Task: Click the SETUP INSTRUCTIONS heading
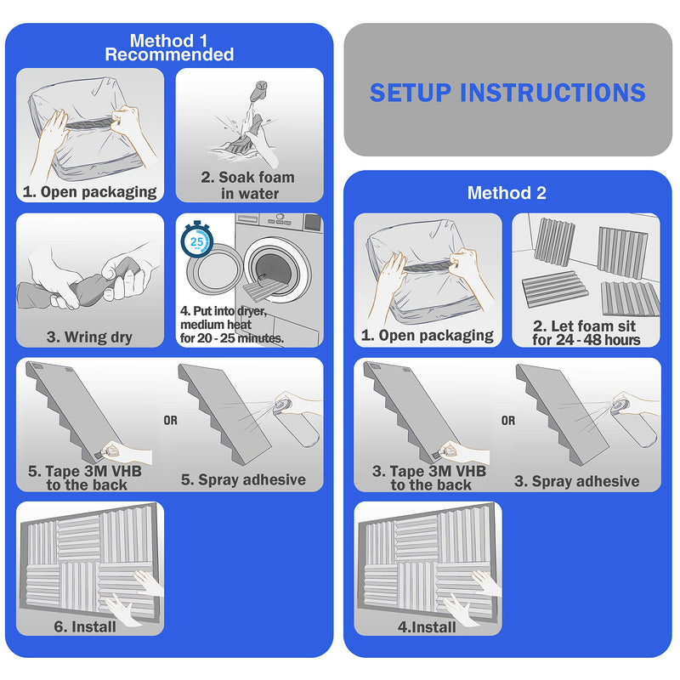507,93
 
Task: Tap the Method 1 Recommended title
169,48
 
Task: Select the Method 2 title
507,193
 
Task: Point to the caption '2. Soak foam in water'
248,185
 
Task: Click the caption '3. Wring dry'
89,337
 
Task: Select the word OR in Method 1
171,420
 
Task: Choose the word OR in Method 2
508,420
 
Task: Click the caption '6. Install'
85,626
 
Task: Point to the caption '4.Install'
427,627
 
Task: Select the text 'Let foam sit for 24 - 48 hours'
586,332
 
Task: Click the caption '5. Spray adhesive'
243,479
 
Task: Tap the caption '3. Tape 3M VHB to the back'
429,478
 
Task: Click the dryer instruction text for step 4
232,325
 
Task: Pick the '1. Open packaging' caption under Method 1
90,192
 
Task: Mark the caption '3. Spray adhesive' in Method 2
577,481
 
